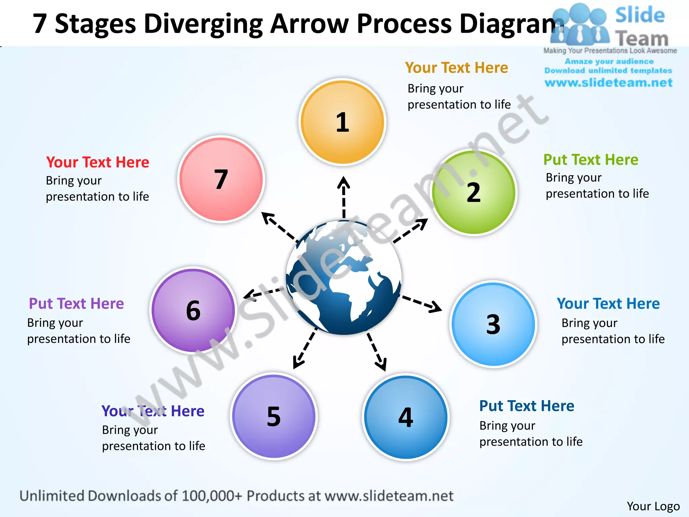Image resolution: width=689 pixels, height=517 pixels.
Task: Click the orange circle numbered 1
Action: pyautogui.click(x=342, y=122)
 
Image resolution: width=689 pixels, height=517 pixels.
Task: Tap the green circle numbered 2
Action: pyautogui.click(x=474, y=192)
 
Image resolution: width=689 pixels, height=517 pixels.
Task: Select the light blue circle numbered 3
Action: pyautogui.click(x=493, y=324)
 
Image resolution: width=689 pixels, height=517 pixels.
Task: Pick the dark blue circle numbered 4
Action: pyautogui.click(x=406, y=417)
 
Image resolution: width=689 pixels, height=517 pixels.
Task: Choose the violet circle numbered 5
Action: pyautogui.click(x=274, y=417)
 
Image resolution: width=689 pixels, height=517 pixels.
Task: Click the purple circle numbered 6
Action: pyautogui.click(x=193, y=310)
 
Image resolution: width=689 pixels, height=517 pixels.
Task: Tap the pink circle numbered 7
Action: pyautogui.click(x=221, y=179)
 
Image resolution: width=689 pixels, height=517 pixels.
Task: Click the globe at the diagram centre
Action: pyautogui.click(x=343, y=278)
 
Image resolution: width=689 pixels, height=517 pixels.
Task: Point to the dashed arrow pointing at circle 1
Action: pyautogui.click(x=343, y=197)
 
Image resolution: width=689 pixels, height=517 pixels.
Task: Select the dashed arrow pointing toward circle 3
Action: pyautogui.click(x=422, y=303)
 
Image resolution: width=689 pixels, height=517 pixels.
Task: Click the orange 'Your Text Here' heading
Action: pyautogui.click(x=457, y=68)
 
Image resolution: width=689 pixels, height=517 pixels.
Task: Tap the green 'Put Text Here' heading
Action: pyautogui.click(x=591, y=160)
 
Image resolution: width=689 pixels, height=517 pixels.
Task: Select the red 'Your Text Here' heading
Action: pyautogui.click(x=98, y=162)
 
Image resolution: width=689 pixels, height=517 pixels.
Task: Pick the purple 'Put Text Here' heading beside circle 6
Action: pyautogui.click(x=76, y=304)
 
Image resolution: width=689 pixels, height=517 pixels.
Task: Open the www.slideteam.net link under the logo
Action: pyautogui.click(x=609, y=83)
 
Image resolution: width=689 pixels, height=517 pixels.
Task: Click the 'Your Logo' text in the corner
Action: pyautogui.click(x=653, y=506)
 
